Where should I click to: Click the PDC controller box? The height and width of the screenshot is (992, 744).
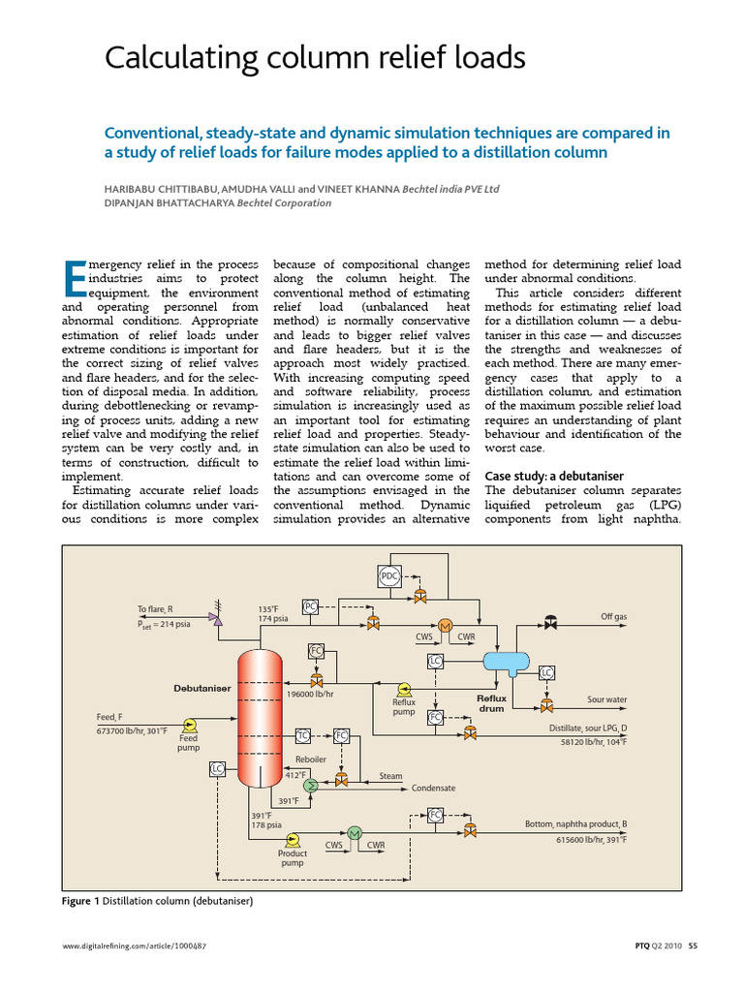pos(388,578)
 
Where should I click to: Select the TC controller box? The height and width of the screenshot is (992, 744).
pos(302,735)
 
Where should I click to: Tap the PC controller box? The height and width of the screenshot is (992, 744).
pos(310,607)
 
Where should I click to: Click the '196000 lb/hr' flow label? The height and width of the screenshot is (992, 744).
pos(310,694)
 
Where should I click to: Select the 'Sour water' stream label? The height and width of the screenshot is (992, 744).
pos(607,698)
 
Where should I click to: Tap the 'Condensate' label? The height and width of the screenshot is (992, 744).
pos(433,789)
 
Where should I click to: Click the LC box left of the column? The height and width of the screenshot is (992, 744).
pos(217,768)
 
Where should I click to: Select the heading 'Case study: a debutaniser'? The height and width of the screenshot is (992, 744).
pos(553,476)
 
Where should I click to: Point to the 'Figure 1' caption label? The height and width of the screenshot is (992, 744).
pos(79,901)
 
